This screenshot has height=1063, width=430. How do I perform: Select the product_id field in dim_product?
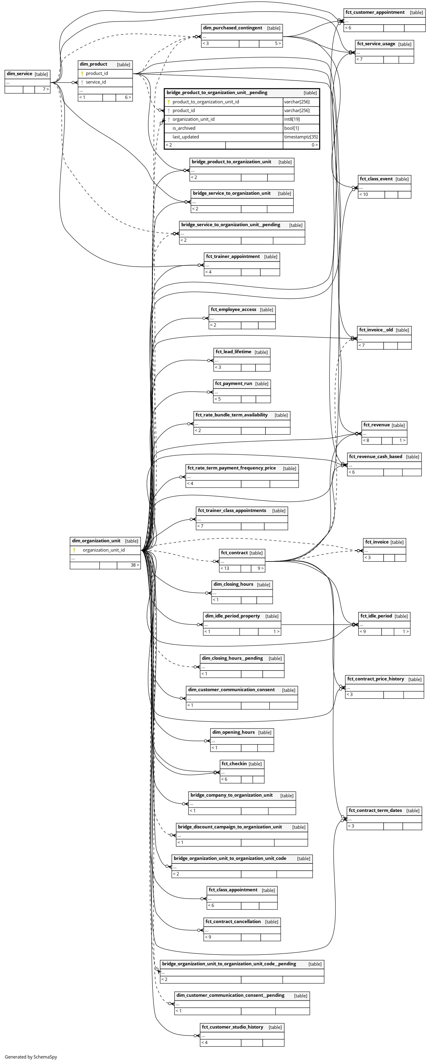[97, 73]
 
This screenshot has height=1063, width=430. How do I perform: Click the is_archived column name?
[184, 128]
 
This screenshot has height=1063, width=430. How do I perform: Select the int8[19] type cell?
[292, 119]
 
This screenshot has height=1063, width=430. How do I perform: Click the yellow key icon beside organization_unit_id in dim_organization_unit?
[74, 550]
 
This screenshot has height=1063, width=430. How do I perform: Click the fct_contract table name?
[234, 552]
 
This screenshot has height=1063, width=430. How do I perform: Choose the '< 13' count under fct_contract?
[225, 568]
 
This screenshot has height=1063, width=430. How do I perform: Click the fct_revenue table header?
[376, 425]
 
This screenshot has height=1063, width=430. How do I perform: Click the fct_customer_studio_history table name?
[232, 1027]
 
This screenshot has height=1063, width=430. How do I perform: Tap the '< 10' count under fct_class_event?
[364, 194]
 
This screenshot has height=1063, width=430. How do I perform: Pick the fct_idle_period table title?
[376, 616]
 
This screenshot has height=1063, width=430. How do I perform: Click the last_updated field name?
[186, 137]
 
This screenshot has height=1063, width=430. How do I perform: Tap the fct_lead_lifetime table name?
[233, 351]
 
